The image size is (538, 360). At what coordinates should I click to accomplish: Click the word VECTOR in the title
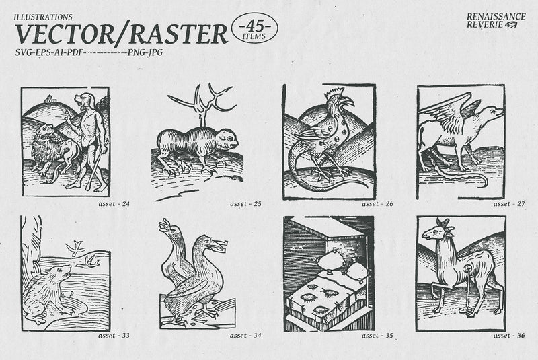(x=65, y=34)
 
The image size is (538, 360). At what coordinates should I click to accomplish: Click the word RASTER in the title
(x=178, y=34)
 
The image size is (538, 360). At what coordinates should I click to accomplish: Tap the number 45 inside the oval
(x=255, y=26)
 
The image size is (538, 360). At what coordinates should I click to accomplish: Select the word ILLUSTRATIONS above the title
(x=43, y=17)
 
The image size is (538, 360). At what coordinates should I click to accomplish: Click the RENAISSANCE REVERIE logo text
(x=496, y=20)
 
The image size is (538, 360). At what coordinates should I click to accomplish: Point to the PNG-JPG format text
(x=145, y=52)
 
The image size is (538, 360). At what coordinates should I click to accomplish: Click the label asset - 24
(x=114, y=203)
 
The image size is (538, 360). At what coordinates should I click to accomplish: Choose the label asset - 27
(x=509, y=203)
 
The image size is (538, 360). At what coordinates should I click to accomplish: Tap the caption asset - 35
(x=377, y=336)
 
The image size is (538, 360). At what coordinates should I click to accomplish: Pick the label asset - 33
(x=114, y=336)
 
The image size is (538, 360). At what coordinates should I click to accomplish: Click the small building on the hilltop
(x=50, y=98)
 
